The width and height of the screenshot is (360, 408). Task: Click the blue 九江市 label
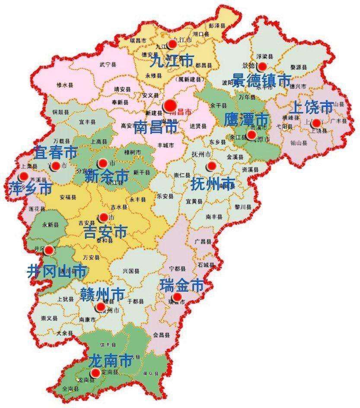171,61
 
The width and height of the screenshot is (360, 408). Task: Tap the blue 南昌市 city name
156,127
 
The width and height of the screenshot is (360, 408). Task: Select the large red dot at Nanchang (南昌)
170,105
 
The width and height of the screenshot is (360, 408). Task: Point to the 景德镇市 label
261,80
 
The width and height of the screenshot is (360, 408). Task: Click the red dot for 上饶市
316,123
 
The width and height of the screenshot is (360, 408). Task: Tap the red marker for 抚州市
211,166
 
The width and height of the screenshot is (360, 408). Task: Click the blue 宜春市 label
56,152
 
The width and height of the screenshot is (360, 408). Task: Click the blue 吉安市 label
105,232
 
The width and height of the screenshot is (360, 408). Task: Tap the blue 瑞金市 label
182,285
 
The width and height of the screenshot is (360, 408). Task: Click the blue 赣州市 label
102,294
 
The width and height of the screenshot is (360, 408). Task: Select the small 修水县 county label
63,85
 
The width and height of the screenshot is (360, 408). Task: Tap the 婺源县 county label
298,67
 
